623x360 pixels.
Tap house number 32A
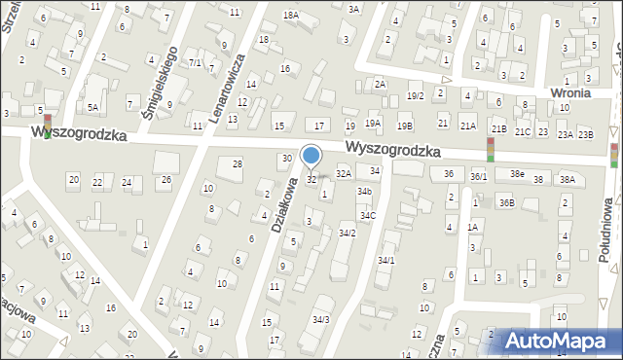tap(343, 172)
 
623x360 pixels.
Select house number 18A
tap(290, 15)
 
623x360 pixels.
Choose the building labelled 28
tap(237, 164)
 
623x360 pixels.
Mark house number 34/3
tap(320, 319)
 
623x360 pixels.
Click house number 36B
tap(506, 202)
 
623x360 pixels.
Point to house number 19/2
tap(415, 95)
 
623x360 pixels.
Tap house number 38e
tap(516, 173)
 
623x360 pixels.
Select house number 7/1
tap(195, 63)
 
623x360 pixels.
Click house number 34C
tap(367, 215)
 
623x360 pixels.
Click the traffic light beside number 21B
tap(491, 149)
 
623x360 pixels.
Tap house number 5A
tap(92, 107)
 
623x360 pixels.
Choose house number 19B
tap(404, 126)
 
